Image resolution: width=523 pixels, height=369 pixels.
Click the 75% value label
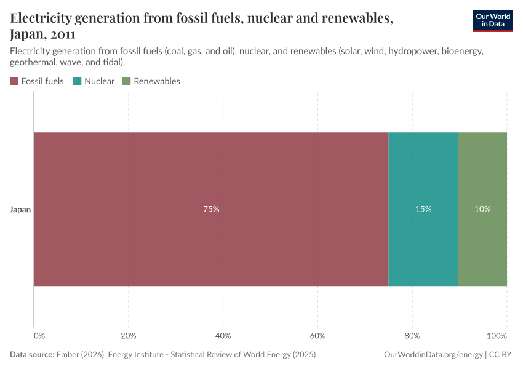point(211,209)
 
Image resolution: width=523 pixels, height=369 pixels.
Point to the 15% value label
point(423,209)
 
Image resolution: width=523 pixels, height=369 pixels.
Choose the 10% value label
point(482,209)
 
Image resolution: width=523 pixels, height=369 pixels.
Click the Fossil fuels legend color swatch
point(14,81)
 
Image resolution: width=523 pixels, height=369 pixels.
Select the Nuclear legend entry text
point(99,81)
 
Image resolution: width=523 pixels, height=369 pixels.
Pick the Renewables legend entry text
point(156,81)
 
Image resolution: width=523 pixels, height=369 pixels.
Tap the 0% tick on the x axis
point(39,336)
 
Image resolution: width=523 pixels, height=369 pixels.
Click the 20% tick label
point(128,336)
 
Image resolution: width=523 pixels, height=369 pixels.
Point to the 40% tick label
point(223,336)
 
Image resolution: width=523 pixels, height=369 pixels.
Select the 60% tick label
point(317,336)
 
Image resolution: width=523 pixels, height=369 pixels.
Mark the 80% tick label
point(412,336)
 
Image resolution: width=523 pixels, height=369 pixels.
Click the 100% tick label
point(497,336)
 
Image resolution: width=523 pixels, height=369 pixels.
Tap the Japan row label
point(20,210)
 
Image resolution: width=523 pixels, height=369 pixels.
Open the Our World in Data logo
point(492,20)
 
